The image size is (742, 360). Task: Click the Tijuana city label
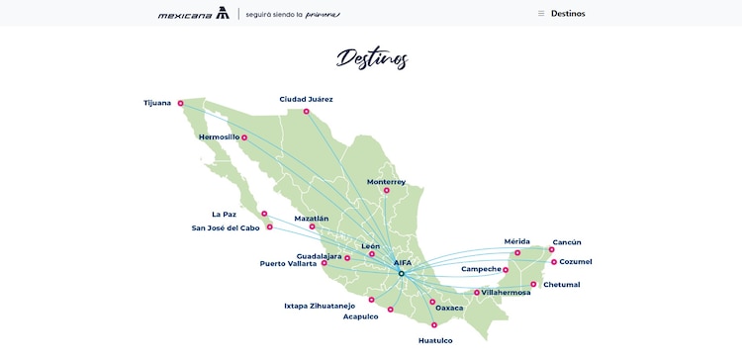pyautogui.click(x=157, y=103)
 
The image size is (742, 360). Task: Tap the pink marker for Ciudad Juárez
pyautogui.click(x=306, y=111)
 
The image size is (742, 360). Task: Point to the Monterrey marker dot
pyautogui.click(x=386, y=191)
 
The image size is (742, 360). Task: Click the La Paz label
pyautogui.click(x=225, y=214)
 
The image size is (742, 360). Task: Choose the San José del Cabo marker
pyautogui.click(x=269, y=226)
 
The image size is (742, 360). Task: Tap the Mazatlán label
pyautogui.click(x=312, y=218)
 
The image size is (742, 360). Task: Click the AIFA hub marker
pyautogui.click(x=401, y=273)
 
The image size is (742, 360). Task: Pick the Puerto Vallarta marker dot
pyautogui.click(x=325, y=263)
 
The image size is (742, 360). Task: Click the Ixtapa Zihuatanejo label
pyautogui.click(x=320, y=306)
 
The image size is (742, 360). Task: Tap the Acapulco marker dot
pyautogui.click(x=391, y=310)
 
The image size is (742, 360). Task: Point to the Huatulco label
pyautogui.click(x=435, y=340)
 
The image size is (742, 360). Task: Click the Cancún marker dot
pyautogui.click(x=544, y=252)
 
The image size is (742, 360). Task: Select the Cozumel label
pyautogui.click(x=576, y=261)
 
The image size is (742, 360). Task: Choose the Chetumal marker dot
pyautogui.click(x=533, y=284)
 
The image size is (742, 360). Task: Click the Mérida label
pyautogui.click(x=517, y=241)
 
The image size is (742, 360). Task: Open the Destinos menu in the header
pyautogui.click(x=561, y=14)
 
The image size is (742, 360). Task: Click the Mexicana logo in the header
pyautogui.click(x=194, y=14)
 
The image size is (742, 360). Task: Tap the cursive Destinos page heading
pyautogui.click(x=371, y=58)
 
